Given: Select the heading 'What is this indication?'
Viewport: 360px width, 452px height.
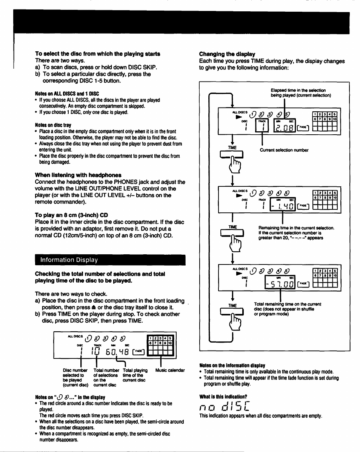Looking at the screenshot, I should coord(223,397).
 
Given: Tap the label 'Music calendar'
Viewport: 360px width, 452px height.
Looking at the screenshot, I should coord(170,371).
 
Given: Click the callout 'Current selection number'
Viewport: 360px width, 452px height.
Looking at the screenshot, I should coord(284,150).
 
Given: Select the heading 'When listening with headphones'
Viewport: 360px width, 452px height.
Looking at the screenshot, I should coord(78,175).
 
